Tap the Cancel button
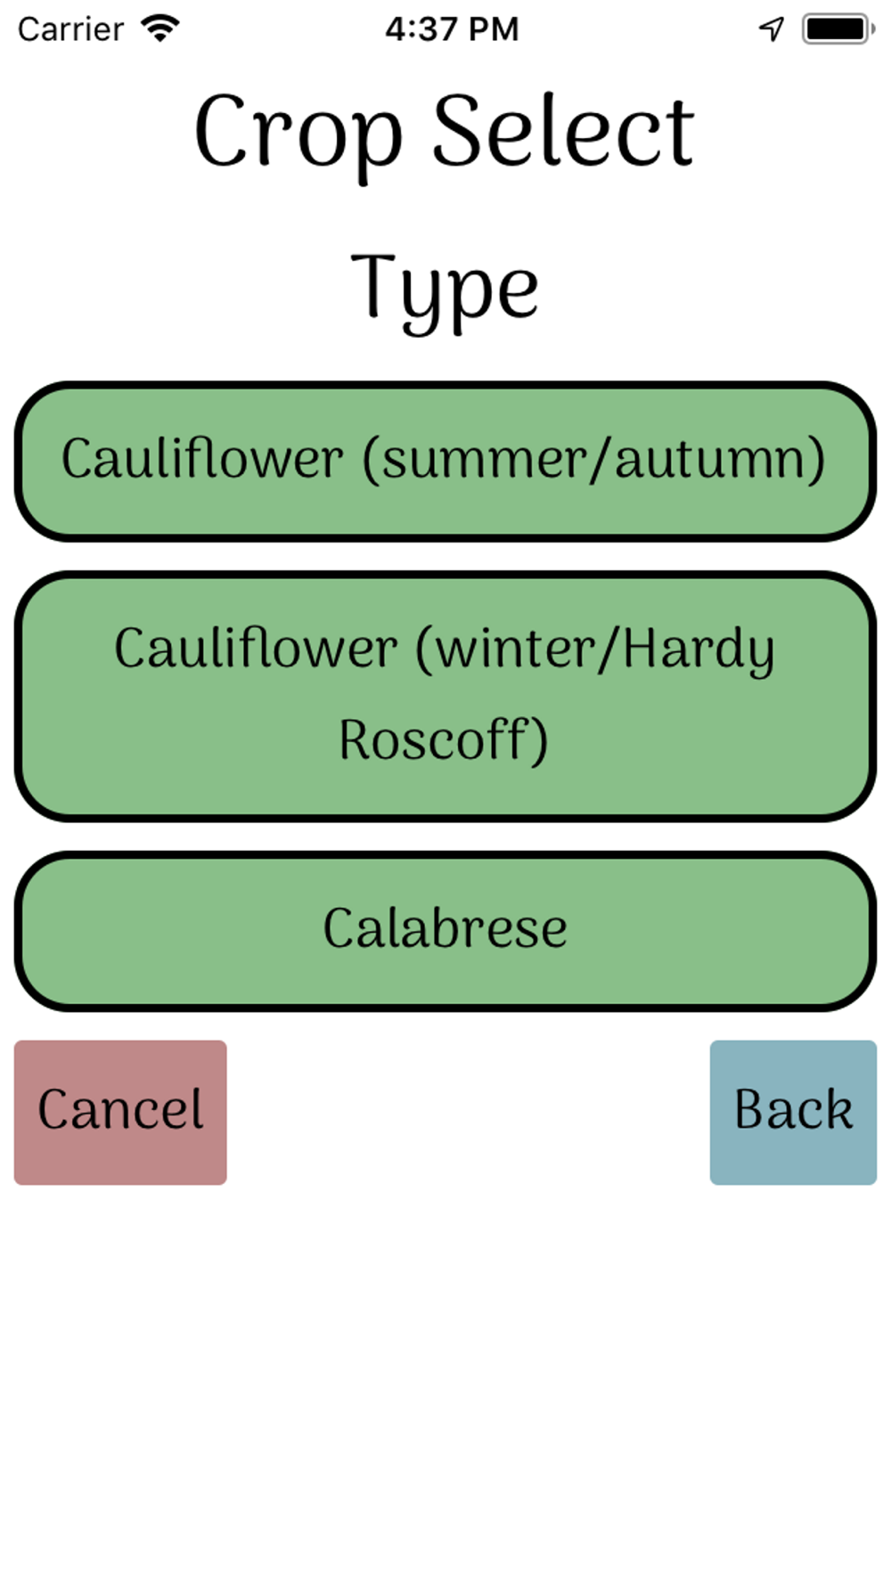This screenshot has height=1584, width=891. pyautogui.click(x=120, y=1112)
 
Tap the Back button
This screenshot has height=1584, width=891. pyautogui.click(x=793, y=1112)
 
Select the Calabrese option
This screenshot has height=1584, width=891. pyautogui.click(x=445, y=930)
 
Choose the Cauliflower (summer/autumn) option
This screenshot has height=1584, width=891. pyautogui.click(x=445, y=461)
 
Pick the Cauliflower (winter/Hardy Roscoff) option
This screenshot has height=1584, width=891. pyautogui.click(x=445, y=695)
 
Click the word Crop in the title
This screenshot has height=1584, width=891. pyautogui.click(x=298, y=134)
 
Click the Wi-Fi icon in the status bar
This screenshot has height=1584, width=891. pyautogui.click(x=161, y=29)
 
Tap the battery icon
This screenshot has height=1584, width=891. pyautogui.click(x=837, y=29)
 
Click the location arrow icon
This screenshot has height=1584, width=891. pyautogui.click(x=772, y=29)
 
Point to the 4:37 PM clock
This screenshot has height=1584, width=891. pyautogui.click(x=452, y=29)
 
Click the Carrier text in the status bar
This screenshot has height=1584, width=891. pyautogui.click(x=70, y=29)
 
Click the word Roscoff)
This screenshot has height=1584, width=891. pyautogui.click(x=443, y=739)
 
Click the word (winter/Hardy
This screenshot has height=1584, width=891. pyautogui.click(x=595, y=649)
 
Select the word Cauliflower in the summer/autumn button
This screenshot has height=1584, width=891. pyautogui.click(x=202, y=460)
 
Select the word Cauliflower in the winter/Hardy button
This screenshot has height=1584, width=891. pyautogui.click(x=256, y=648)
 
